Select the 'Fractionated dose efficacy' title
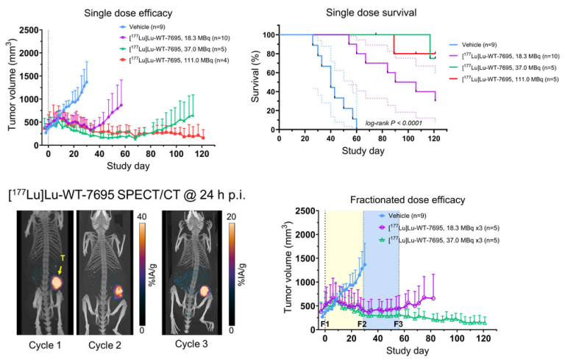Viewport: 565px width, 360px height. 398,200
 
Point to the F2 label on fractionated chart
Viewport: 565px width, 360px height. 362,323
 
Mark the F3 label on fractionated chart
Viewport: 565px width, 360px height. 398,323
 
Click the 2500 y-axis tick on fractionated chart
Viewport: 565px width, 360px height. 304,212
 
